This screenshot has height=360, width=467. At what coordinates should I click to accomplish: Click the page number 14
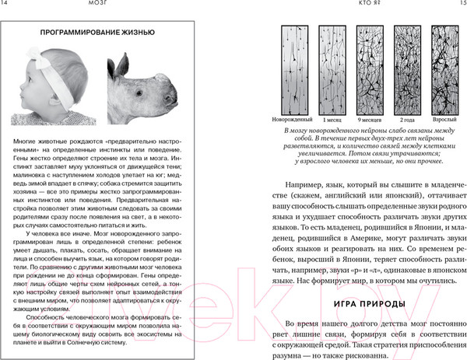7,5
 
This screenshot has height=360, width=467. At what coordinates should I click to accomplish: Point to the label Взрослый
446,121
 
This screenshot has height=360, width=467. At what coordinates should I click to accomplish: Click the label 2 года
409,121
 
